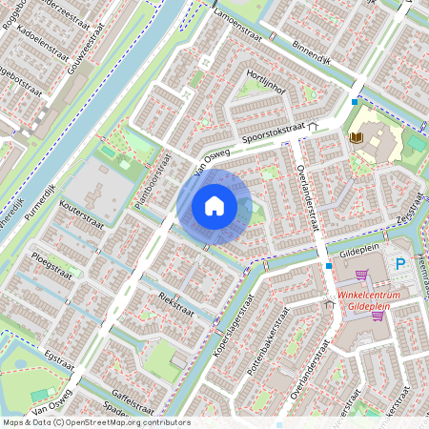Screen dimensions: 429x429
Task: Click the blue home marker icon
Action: (x=214, y=206)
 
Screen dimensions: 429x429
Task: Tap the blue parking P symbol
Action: (x=400, y=263)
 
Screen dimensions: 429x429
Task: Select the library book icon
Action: (x=357, y=138)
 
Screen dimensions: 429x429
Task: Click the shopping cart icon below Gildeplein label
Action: (x=360, y=275)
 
